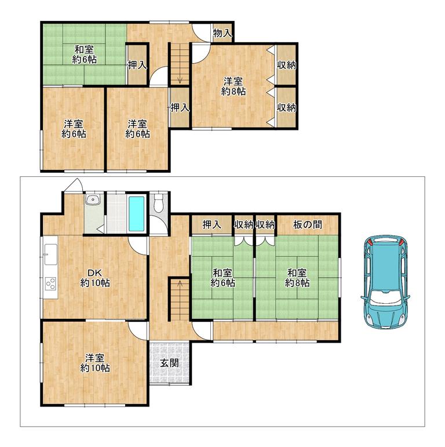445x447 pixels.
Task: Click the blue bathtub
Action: pos(136,213)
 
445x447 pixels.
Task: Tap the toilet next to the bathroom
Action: pos(158,203)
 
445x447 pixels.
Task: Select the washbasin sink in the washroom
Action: pos(93,199)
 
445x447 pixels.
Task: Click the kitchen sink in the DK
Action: pos(51,255)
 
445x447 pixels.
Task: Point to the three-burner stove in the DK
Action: pos(51,284)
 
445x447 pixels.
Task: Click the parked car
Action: pos(385,281)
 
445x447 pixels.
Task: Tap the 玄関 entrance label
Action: pos(170,363)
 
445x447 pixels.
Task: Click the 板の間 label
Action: pos(308,224)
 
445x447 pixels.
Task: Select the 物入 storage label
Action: pos(222,33)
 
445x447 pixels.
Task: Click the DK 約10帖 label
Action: pos(95,278)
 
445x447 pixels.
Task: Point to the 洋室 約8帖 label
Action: pos(234,86)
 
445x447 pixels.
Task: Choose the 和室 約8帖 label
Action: pos(297,278)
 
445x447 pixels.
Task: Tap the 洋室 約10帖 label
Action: pos(95,363)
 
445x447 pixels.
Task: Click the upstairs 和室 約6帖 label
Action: pos(85,54)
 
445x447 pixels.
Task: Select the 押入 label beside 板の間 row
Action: pos(212,224)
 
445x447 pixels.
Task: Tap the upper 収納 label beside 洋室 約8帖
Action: pos(287,65)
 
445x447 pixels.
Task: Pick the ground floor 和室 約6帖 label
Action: pos(222,278)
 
